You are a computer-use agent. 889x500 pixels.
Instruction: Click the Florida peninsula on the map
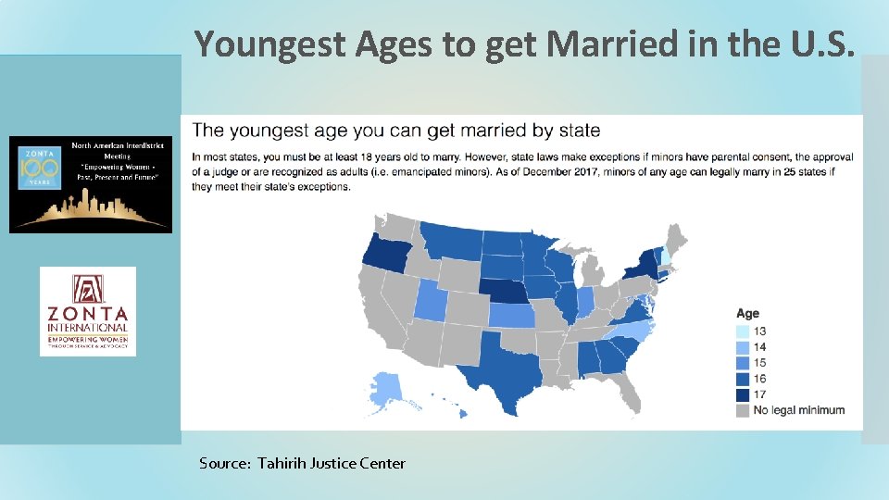pyautogui.click(x=627, y=394)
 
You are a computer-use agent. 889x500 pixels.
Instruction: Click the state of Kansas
pyautogui.click(x=515, y=316)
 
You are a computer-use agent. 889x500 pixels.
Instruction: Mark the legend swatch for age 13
pyautogui.click(x=744, y=331)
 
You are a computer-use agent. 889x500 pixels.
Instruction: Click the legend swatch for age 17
pyautogui.click(x=744, y=394)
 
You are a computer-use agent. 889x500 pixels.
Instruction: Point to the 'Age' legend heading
pyautogui.click(x=747, y=314)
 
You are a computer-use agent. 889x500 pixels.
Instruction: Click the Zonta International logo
pyautogui.click(x=88, y=311)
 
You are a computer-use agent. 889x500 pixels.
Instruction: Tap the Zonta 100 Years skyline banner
pyautogui.click(x=91, y=184)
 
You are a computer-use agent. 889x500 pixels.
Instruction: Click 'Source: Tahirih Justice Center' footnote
pyautogui.click(x=302, y=463)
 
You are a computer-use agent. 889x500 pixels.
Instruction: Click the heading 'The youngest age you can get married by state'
pyautogui.click(x=395, y=131)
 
